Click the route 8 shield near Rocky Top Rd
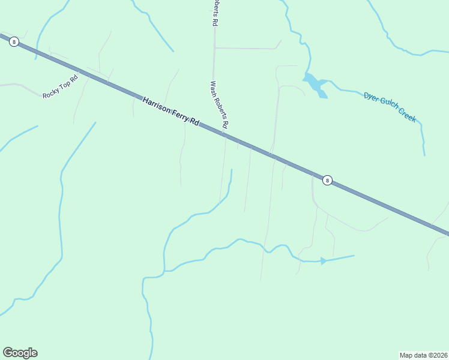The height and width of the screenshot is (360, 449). click(x=14, y=42)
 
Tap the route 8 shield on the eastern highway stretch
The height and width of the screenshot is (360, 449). click(x=327, y=180)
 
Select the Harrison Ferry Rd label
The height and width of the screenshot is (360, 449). click(x=170, y=111)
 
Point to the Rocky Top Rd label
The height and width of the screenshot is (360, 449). click(x=61, y=86)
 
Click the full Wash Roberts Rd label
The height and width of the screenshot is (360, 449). click(x=219, y=105)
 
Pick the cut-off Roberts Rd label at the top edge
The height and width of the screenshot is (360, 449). click(x=214, y=12)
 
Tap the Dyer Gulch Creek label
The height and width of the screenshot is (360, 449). click(x=390, y=107)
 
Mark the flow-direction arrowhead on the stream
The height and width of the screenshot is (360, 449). click(x=324, y=261)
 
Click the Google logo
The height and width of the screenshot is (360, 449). click(x=20, y=353)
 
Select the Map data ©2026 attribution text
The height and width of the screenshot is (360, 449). click(x=423, y=355)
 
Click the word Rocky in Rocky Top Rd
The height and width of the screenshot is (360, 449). click(x=51, y=92)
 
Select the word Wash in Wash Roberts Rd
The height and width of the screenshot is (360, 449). click(x=213, y=89)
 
